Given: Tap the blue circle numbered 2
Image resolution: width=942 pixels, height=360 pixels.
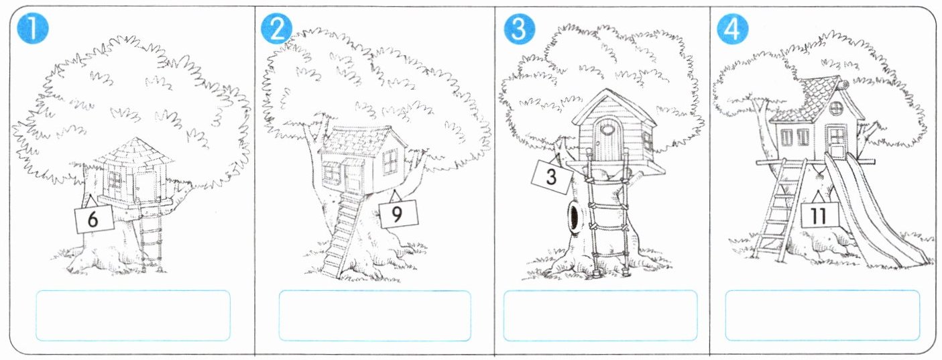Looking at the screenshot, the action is point(276,28).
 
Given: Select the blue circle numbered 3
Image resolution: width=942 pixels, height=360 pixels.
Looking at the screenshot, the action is point(520,28).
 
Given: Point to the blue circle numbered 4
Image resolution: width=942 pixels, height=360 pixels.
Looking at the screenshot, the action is point(733,28).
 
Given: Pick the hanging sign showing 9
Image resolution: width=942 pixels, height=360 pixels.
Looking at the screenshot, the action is point(399,214).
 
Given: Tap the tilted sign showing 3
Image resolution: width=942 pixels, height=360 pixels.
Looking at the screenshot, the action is point(552,176).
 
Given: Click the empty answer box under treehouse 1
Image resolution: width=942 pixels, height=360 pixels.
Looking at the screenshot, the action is point(133,316).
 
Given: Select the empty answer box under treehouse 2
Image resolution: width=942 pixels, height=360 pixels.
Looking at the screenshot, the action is point(375,316).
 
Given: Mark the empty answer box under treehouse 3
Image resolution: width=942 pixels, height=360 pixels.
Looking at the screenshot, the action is point(600,316).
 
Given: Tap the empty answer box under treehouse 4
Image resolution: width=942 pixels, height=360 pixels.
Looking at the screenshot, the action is point(822,316).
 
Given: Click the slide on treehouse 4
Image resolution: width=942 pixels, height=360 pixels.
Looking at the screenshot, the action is point(870,211).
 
